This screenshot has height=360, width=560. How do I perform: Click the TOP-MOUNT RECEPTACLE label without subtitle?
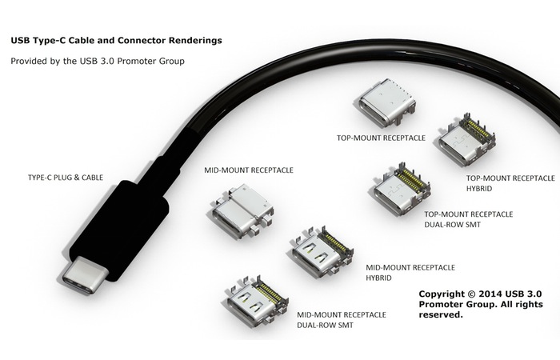[x=381, y=137]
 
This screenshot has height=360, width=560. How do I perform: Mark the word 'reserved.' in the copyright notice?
[x=441, y=315]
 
